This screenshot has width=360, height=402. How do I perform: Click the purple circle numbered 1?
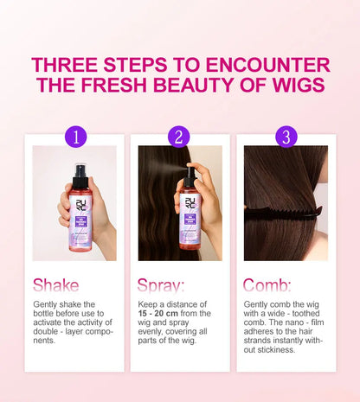[x=76, y=137]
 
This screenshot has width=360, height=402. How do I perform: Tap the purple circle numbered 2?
[x=180, y=137]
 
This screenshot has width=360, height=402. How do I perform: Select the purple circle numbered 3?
[x=286, y=137]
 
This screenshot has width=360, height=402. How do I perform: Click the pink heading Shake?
[x=56, y=285]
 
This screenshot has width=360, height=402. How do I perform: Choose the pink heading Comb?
[x=267, y=285]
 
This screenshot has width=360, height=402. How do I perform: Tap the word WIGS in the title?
[x=294, y=85]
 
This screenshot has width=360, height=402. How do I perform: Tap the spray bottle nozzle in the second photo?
[x=188, y=173]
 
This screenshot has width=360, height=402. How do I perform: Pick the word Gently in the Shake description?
[x=45, y=304]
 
